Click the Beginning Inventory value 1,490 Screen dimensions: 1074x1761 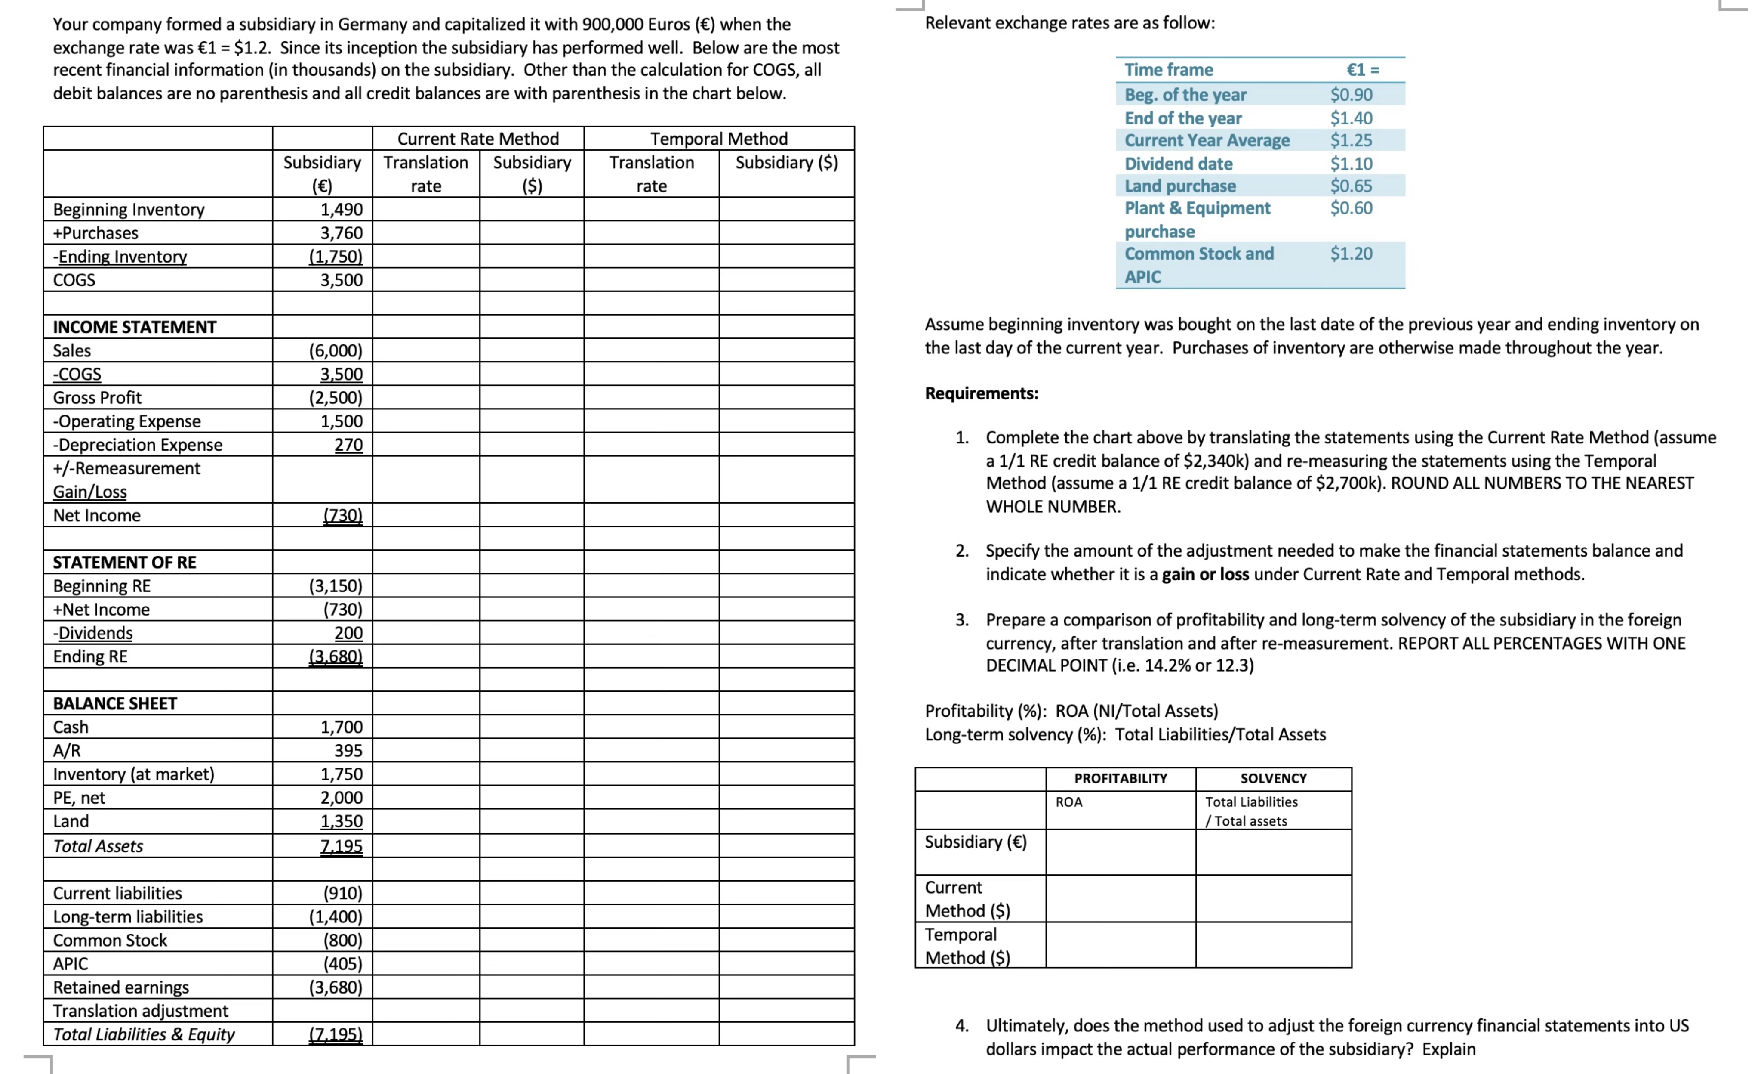click(x=341, y=210)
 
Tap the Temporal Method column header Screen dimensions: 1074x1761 click(x=718, y=139)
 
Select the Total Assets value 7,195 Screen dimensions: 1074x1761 click(x=341, y=846)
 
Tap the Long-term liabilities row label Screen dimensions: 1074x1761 click(x=128, y=917)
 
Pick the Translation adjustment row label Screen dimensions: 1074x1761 click(x=140, y=1011)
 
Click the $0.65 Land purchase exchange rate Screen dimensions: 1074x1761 click(x=1351, y=186)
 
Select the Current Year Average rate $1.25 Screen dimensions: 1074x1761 click(x=1351, y=140)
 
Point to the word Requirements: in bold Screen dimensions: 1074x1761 click(x=981, y=394)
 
